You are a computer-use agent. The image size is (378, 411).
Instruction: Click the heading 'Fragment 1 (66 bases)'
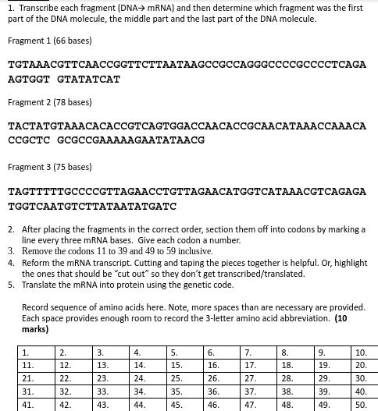pyautogui.click(x=49, y=41)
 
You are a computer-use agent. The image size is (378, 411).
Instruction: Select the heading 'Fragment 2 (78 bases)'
pyautogui.click(x=49, y=102)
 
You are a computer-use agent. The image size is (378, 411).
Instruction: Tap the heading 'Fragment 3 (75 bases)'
pyautogui.click(x=49, y=167)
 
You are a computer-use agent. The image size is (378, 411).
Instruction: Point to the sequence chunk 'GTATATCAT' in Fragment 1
pyautogui.click(x=88, y=79)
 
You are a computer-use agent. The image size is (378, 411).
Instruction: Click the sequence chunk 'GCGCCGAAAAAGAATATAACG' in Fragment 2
pyautogui.click(x=130, y=140)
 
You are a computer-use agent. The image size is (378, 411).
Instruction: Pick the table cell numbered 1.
pyautogui.click(x=36, y=353)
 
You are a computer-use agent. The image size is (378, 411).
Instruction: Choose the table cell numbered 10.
pyautogui.click(x=366, y=353)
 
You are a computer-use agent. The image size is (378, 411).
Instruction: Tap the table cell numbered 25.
pyautogui.click(x=184, y=378)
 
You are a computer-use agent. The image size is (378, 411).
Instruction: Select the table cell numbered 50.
pyautogui.click(x=366, y=405)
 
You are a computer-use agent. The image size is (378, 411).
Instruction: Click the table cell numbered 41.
pyautogui.click(x=36, y=405)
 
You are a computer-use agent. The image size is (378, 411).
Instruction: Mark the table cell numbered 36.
pyautogui.click(x=220, y=392)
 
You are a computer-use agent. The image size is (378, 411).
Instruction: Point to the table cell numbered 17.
pyautogui.click(x=257, y=365)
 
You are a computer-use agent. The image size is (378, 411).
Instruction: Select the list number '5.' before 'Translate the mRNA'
pyautogui.click(x=12, y=285)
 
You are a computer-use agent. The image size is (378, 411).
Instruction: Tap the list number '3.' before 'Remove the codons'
pyautogui.click(x=12, y=251)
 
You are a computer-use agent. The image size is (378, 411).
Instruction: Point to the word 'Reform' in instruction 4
pyautogui.click(x=34, y=263)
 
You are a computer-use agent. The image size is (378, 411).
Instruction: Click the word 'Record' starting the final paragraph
pyautogui.click(x=35, y=307)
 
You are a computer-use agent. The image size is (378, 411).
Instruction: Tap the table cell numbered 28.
pyautogui.click(x=294, y=378)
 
